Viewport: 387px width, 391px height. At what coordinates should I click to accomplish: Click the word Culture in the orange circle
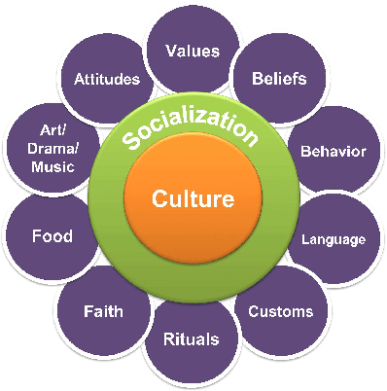193,200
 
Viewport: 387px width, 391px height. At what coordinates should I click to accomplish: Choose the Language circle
332,237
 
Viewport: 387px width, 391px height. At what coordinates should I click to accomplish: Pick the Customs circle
281,311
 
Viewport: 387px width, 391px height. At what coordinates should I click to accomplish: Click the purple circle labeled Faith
103,312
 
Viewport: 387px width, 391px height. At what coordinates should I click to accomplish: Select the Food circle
53,235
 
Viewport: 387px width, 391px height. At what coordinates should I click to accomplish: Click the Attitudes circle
107,79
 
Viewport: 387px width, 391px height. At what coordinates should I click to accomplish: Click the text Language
334,238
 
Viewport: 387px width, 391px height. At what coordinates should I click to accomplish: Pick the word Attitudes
107,79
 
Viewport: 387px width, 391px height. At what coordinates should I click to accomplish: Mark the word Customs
281,311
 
